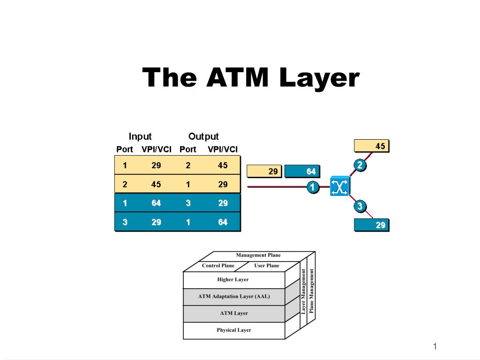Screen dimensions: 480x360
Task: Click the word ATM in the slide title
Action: click(237, 77)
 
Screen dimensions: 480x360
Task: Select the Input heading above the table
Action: click(140, 136)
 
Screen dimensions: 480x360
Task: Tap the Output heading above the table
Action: click(203, 136)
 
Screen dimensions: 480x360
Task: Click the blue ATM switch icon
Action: click(339, 186)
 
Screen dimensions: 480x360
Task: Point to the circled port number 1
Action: click(313, 187)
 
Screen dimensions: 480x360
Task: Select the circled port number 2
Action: click(360, 165)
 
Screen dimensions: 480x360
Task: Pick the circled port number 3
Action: click(360, 206)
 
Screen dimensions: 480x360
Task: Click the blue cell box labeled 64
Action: click(302, 171)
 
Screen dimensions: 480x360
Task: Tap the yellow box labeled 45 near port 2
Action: click(371, 146)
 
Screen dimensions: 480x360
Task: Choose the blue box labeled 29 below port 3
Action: click(371, 225)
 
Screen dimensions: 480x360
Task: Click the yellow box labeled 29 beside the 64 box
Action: click(264, 171)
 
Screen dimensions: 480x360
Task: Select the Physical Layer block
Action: click(234, 330)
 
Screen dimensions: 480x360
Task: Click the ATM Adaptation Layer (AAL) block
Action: click(234, 297)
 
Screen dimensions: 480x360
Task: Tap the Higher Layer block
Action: click(234, 280)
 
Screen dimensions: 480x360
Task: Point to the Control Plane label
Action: click(218, 265)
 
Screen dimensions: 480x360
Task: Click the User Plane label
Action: click(267, 265)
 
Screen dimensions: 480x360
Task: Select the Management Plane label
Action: click(258, 255)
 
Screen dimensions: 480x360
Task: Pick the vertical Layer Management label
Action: click(303, 292)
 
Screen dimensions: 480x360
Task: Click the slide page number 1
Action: click(435, 346)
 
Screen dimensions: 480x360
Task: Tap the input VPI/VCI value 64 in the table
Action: click(156, 203)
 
